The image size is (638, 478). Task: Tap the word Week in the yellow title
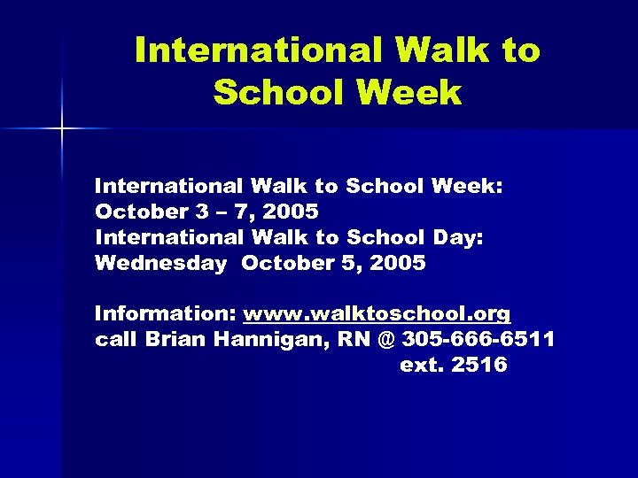[x=414, y=92]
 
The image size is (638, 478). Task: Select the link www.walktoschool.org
[x=377, y=313]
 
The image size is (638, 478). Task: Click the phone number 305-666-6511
[x=478, y=339]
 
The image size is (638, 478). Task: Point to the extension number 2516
[x=478, y=365]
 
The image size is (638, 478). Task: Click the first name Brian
[x=177, y=339]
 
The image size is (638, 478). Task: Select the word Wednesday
[x=160, y=263]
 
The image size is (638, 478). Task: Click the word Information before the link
[x=165, y=313]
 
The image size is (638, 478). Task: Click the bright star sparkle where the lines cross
[x=63, y=129]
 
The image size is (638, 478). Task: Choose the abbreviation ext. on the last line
[x=420, y=365]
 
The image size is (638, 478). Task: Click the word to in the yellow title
[x=517, y=50]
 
